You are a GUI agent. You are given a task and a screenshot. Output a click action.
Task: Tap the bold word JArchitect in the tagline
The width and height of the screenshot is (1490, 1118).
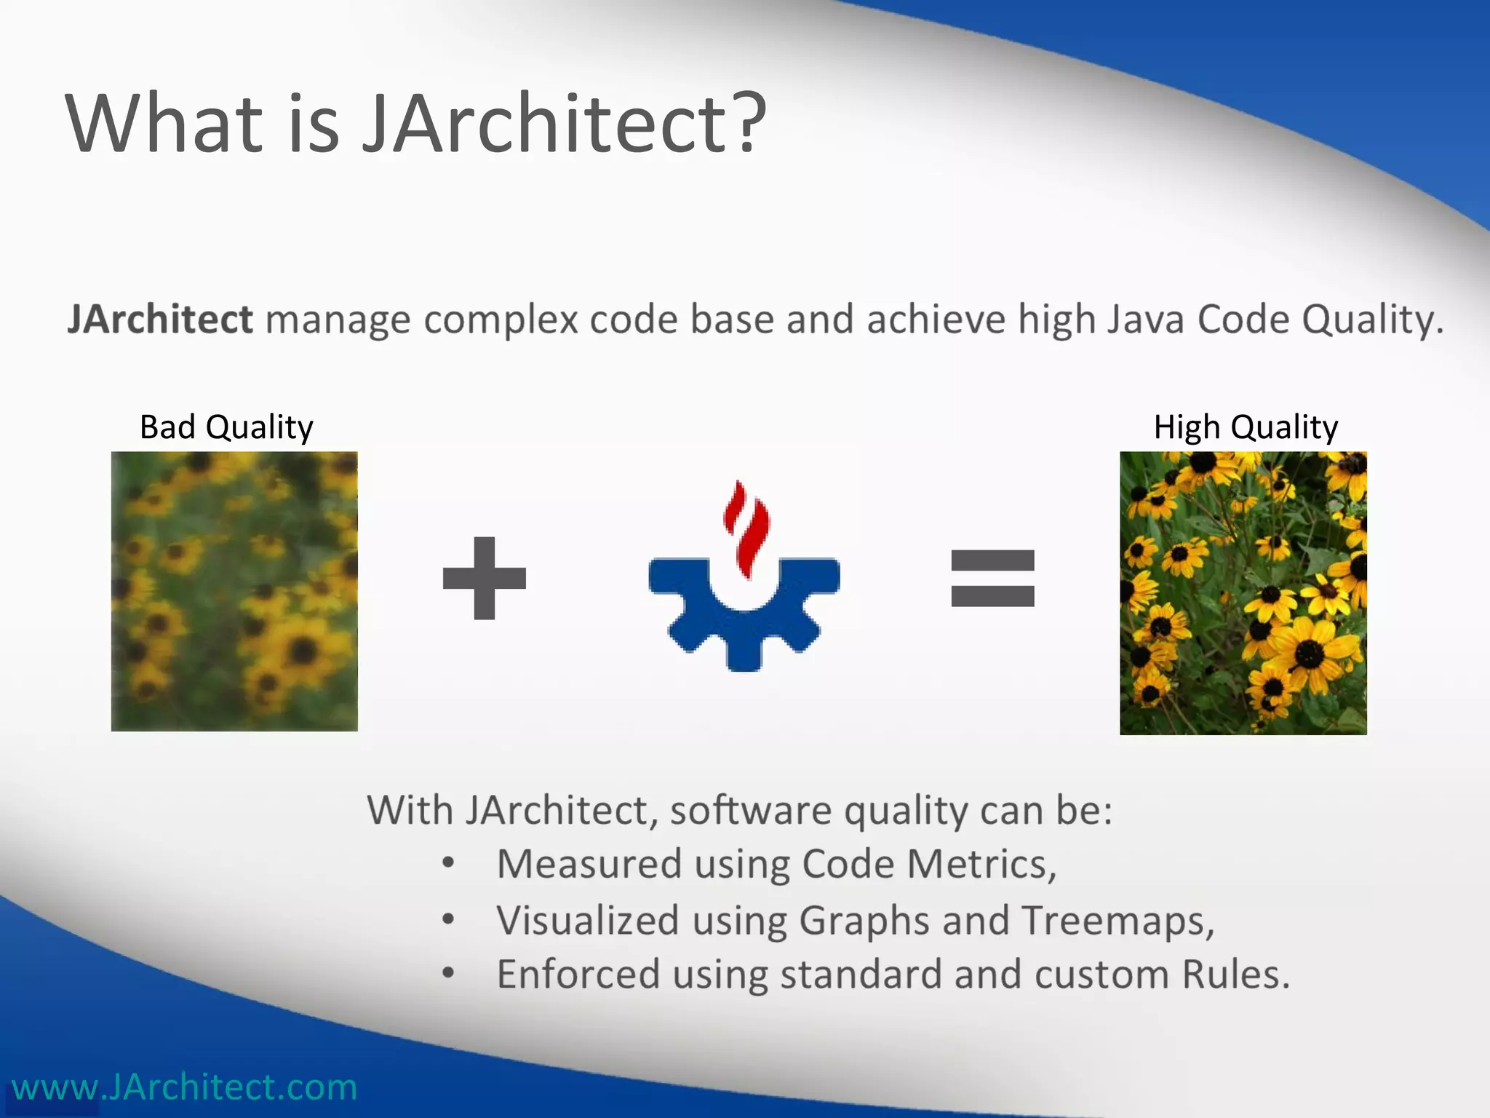pos(160,320)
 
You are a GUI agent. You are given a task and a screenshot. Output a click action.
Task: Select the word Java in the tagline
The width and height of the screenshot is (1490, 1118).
pos(1146,320)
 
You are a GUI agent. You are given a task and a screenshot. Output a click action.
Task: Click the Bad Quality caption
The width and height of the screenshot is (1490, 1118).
pos(226,427)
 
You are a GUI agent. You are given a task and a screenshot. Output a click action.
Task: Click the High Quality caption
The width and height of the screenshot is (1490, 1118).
pos(1246,427)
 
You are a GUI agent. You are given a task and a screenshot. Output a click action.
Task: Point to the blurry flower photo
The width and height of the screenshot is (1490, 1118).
pos(234,591)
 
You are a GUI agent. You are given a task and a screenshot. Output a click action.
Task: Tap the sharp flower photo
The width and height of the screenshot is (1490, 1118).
pos(1243,592)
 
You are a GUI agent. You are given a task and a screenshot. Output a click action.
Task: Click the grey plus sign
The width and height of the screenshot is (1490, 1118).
pos(484,579)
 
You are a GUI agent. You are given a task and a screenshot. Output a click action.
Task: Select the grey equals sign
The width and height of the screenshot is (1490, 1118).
pos(992,579)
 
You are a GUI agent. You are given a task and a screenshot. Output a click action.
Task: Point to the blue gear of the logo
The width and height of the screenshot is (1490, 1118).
pos(744,619)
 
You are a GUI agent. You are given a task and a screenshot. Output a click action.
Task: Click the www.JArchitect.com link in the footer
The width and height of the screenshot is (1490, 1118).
pos(185,1087)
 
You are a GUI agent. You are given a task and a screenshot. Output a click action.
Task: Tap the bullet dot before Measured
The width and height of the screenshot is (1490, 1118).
pos(448,863)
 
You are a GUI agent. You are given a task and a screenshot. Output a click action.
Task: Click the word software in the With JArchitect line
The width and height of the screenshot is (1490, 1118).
pos(750,810)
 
